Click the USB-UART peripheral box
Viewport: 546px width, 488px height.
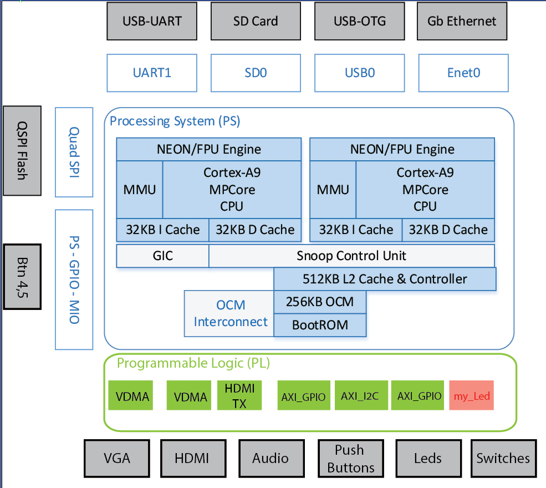pos(152,21)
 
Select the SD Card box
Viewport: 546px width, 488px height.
pos(256,21)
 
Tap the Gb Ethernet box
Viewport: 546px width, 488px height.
pos(462,21)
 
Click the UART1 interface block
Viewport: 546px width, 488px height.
pos(152,73)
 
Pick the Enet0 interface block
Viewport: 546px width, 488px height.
pos(463,73)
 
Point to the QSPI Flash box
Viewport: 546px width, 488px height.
pos(22,150)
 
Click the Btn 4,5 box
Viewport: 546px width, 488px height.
pos(22,276)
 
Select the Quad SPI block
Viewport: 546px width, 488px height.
pos(74,152)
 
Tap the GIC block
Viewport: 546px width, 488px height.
pos(162,256)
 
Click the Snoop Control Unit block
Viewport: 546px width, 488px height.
pos(351,256)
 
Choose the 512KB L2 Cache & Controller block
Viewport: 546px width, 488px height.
pos(385,279)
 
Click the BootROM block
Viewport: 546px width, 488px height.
pos(320,325)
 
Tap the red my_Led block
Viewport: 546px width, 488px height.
pos(472,396)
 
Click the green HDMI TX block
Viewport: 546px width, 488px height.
pos(239,395)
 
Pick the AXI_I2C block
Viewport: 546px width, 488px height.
pos(360,395)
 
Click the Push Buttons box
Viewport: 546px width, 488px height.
pos(350,458)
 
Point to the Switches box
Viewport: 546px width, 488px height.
pos(503,458)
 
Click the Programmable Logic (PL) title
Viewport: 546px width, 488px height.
pos(193,363)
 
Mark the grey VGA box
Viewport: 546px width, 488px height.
pos(117,458)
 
